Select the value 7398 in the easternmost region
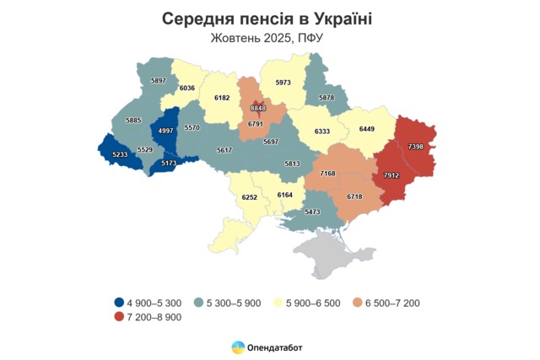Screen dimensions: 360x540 [x=416, y=147]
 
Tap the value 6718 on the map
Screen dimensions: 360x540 [x=354, y=196]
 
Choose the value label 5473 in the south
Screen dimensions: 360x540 [x=313, y=212]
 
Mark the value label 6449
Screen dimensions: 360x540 [x=367, y=129]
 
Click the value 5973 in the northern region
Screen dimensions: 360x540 [x=282, y=82]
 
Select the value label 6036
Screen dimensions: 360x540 [x=187, y=87]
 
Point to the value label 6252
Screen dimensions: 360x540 [x=249, y=196]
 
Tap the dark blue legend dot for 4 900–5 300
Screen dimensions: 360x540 [x=119, y=302]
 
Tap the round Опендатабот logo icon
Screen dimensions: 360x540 [x=239, y=347]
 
